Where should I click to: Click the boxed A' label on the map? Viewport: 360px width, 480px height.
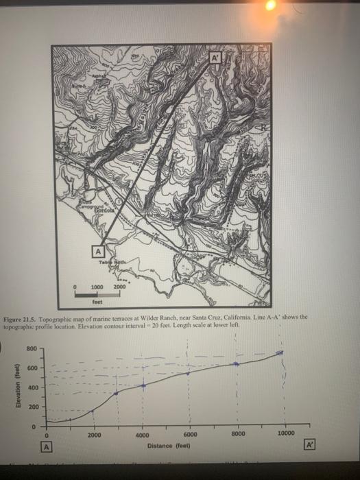(x=214, y=58)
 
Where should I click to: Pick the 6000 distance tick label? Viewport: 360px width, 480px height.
(x=190, y=435)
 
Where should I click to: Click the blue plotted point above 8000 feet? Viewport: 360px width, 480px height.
(x=237, y=363)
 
